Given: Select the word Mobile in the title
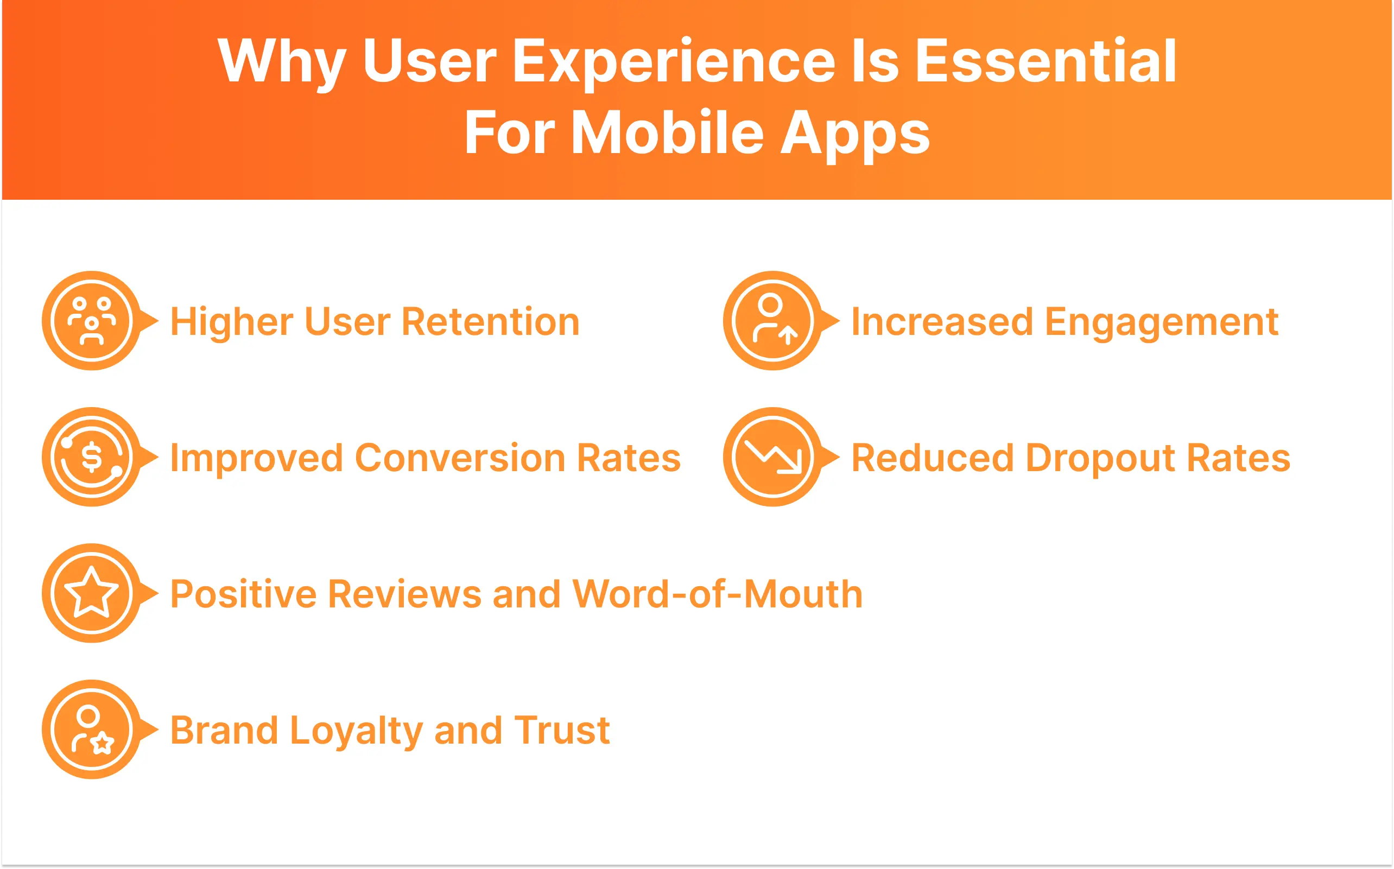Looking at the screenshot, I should pos(667,134).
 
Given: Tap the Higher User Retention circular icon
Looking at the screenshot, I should pos(92,321).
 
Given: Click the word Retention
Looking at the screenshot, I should pos(490,322).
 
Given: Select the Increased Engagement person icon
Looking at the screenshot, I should pos(773,321).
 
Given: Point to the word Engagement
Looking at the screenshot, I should pos(1161,322).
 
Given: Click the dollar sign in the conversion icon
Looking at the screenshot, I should pos(92,457).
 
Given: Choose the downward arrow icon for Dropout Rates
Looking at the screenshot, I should pos(773,457).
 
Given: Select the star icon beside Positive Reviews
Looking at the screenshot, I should pos(92,593).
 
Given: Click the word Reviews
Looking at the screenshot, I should pos(404,594).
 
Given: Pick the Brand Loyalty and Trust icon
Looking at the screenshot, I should pos(92,730).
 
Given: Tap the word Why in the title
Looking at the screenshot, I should pos(282,62).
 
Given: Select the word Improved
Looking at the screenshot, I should pos(256,458).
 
